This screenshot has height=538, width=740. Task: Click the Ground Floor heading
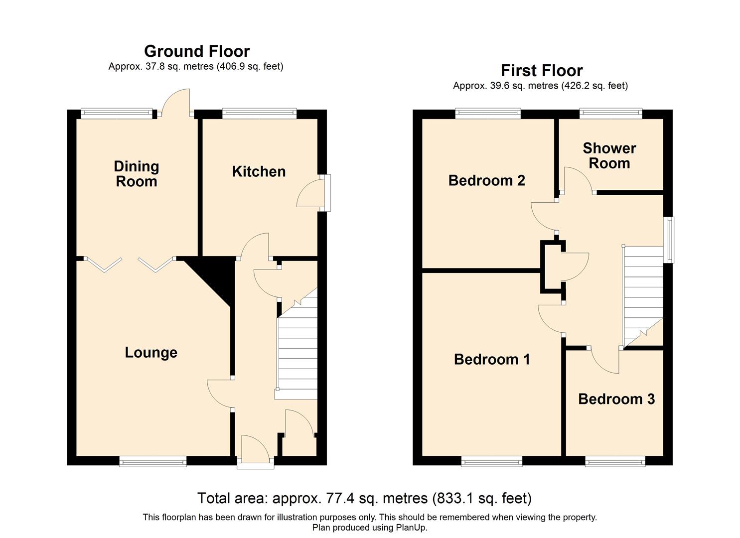click(197, 51)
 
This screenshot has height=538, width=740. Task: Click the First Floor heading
click(541, 71)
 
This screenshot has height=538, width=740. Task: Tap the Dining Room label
click(136, 174)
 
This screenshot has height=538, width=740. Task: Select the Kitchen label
click(259, 172)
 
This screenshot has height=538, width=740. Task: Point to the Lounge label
click(151, 353)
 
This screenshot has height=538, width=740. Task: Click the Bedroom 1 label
click(492, 359)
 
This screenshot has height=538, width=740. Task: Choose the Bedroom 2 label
click(486, 180)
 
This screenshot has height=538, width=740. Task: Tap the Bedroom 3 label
click(616, 399)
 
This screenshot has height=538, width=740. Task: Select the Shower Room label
click(609, 156)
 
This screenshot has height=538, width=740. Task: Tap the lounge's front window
click(152, 462)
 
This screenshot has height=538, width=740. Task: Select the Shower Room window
click(610, 114)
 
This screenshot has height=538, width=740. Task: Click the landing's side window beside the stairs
click(671, 240)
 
